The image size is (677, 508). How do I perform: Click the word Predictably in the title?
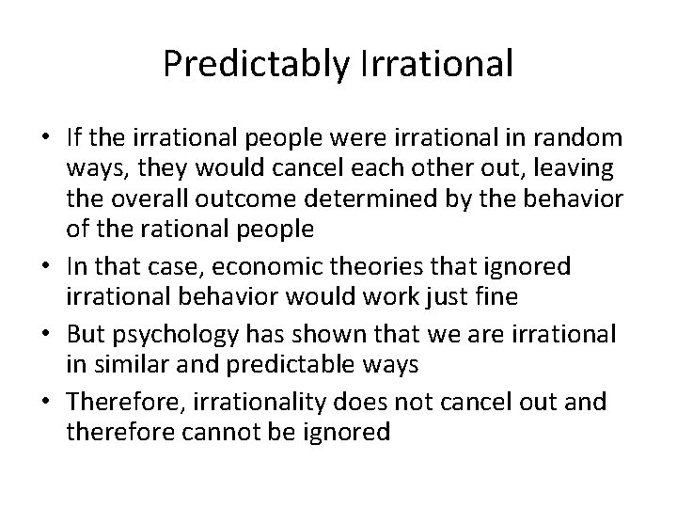(244, 65)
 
